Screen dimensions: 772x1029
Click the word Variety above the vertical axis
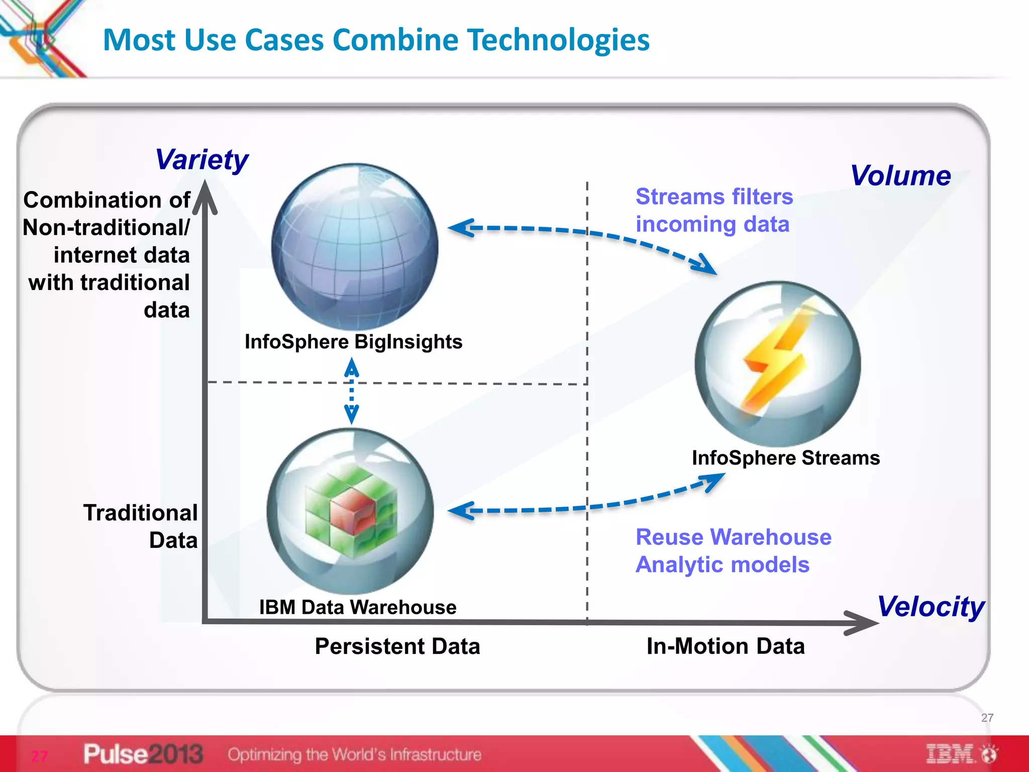click(201, 160)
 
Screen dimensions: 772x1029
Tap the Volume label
click(900, 176)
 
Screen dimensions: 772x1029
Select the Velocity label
click(931, 607)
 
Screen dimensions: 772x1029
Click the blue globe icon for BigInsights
click(355, 246)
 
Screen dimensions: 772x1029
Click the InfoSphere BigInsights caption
click(353, 342)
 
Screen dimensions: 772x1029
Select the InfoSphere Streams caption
click(785, 458)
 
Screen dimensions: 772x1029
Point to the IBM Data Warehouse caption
click(358, 607)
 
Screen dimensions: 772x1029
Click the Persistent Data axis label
click(397, 646)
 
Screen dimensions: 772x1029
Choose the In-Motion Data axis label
click(726, 646)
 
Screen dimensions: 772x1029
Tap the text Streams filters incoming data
click(714, 210)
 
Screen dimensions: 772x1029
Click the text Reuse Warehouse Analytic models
click(733, 551)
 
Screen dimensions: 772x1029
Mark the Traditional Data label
click(140, 526)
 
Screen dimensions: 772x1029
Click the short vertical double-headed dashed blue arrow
click(352, 391)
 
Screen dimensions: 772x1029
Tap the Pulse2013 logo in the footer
click(143, 754)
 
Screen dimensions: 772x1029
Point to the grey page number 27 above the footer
click(987, 718)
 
